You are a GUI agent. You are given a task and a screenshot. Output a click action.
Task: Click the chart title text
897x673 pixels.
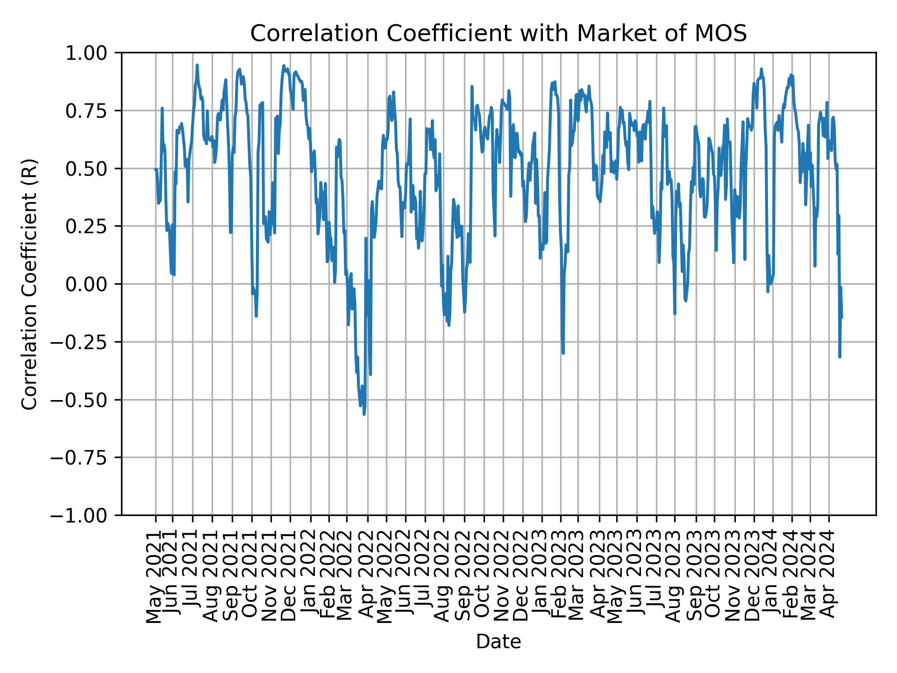tap(498, 34)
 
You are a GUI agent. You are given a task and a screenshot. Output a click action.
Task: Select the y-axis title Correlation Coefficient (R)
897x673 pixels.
tap(29, 284)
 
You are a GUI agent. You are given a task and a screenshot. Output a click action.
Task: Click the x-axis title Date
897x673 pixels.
tap(498, 642)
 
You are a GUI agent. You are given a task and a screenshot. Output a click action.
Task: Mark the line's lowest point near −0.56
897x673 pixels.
tap(364, 414)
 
